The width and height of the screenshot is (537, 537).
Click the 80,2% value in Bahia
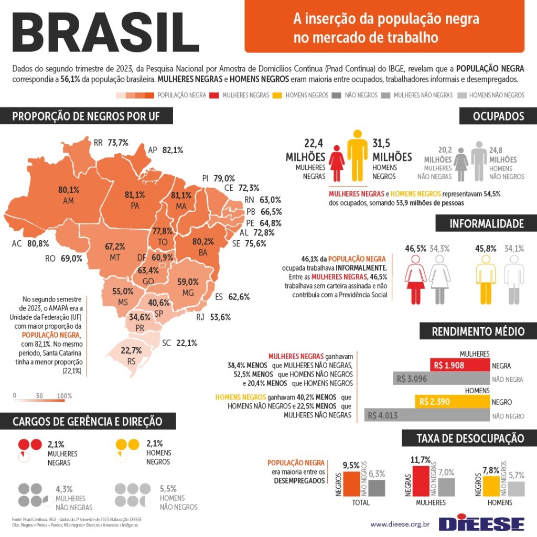[203, 242]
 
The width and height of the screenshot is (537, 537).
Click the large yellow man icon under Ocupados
[358, 156]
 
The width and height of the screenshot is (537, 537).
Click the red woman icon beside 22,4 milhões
[337, 163]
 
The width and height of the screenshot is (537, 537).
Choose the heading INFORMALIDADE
[486, 224]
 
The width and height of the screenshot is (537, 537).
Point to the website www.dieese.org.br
[400, 524]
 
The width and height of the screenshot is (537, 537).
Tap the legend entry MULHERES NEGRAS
[245, 95]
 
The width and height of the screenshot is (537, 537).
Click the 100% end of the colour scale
[65, 396]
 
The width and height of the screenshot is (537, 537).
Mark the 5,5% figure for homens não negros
[168, 489]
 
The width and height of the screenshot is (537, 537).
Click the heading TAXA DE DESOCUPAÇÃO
[470, 438]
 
